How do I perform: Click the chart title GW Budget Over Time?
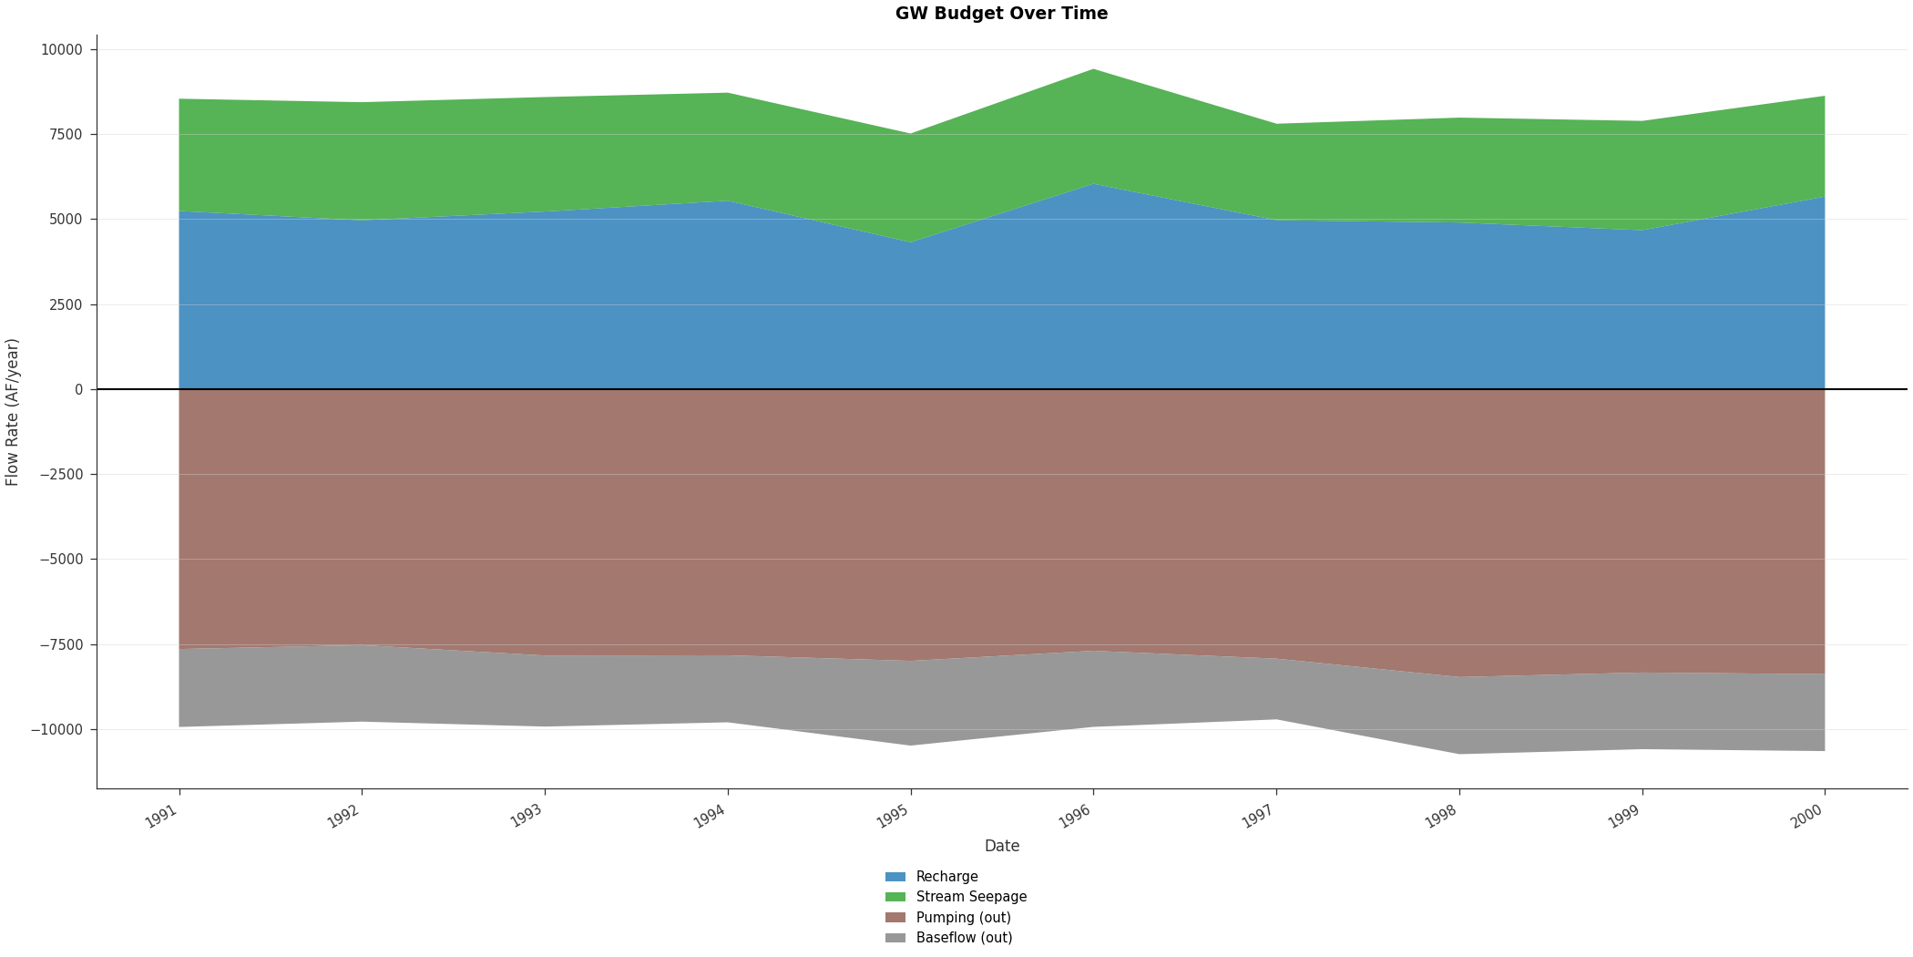pyautogui.click(x=1001, y=14)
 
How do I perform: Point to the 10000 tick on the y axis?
pyautogui.click(x=61, y=49)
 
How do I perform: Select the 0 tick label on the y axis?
pyautogui.click(x=78, y=389)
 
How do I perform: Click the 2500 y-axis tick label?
pyautogui.click(x=65, y=304)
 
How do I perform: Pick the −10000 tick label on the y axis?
pyautogui.click(x=56, y=729)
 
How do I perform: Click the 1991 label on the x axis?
pyautogui.click(x=161, y=817)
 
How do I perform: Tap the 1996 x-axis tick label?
pyautogui.click(x=1075, y=817)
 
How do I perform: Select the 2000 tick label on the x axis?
pyautogui.click(x=1806, y=817)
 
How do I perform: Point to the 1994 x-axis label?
pyautogui.click(x=710, y=817)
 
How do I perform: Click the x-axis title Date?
pyautogui.click(x=1001, y=846)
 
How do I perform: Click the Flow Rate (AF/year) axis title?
pyautogui.click(x=13, y=412)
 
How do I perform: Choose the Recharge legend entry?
pyautogui.click(x=946, y=877)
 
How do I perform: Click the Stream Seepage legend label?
pyautogui.click(x=971, y=897)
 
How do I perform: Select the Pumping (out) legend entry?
pyautogui.click(x=963, y=918)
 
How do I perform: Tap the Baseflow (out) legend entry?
pyautogui.click(x=964, y=938)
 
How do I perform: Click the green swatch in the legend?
pyautogui.click(x=895, y=897)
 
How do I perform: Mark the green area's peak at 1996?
pyautogui.click(x=1093, y=69)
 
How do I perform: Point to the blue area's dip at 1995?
pyautogui.click(x=910, y=242)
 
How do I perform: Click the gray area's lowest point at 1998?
pyautogui.click(x=1459, y=753)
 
